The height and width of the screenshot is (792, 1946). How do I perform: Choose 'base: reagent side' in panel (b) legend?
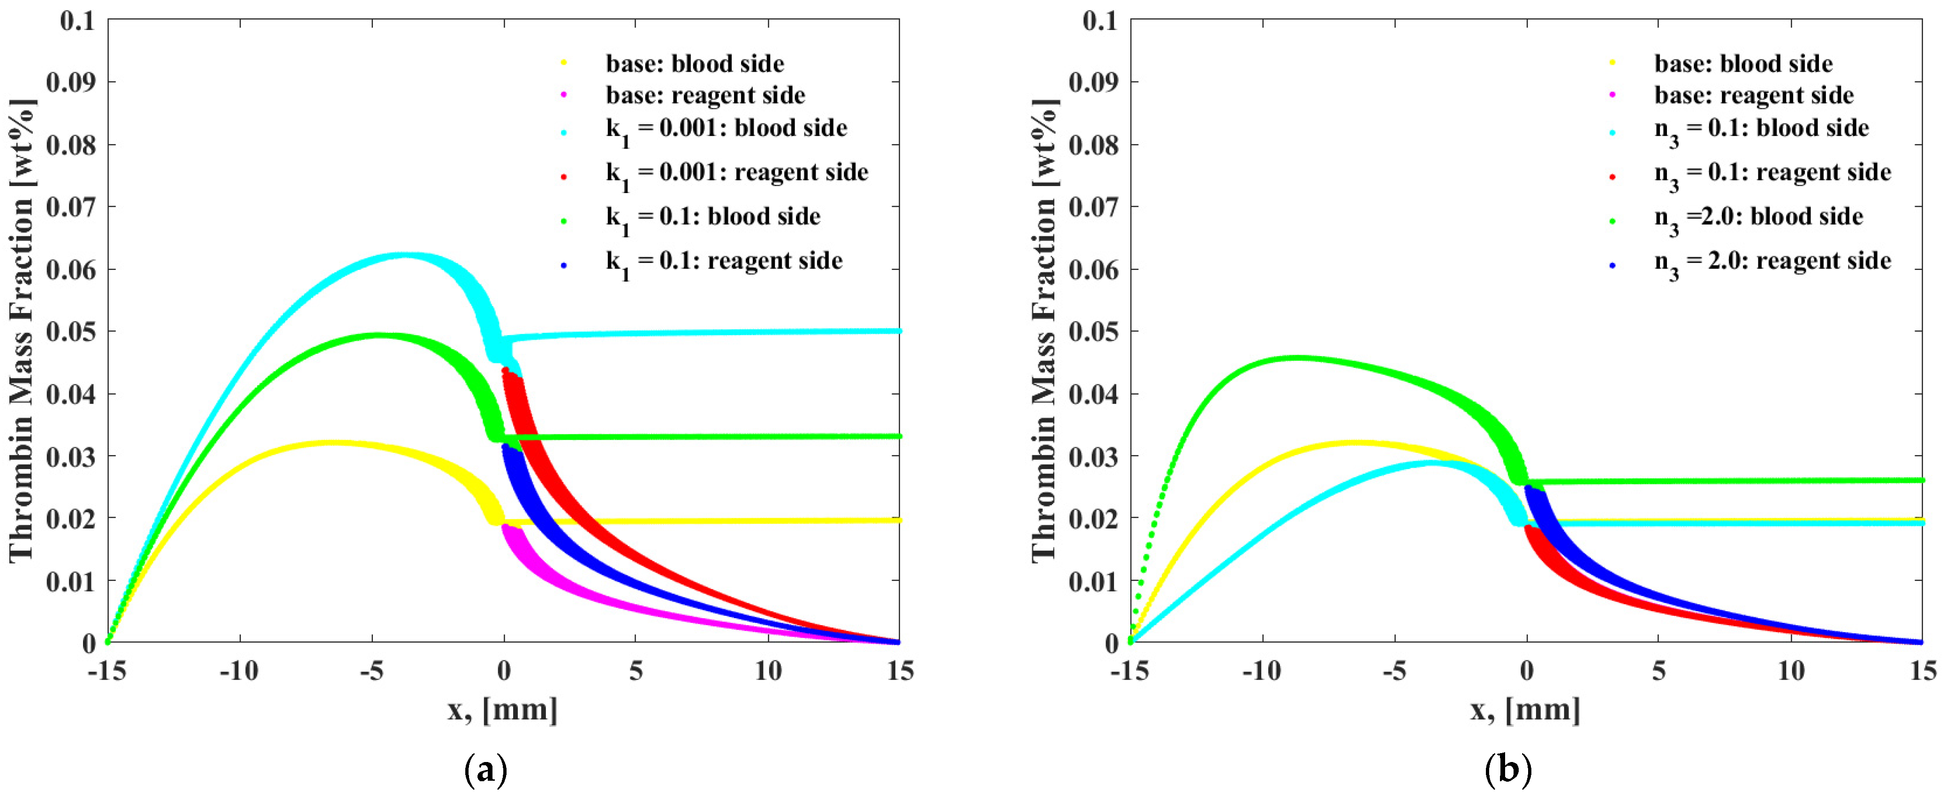pyautogui.click(x=1753, y=96)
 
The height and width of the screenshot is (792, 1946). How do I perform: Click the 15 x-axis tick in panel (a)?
pyautogui.click(x=900, y=671)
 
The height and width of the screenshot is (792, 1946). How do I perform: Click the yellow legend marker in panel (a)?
pyautogui.click(x=564, y=63)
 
